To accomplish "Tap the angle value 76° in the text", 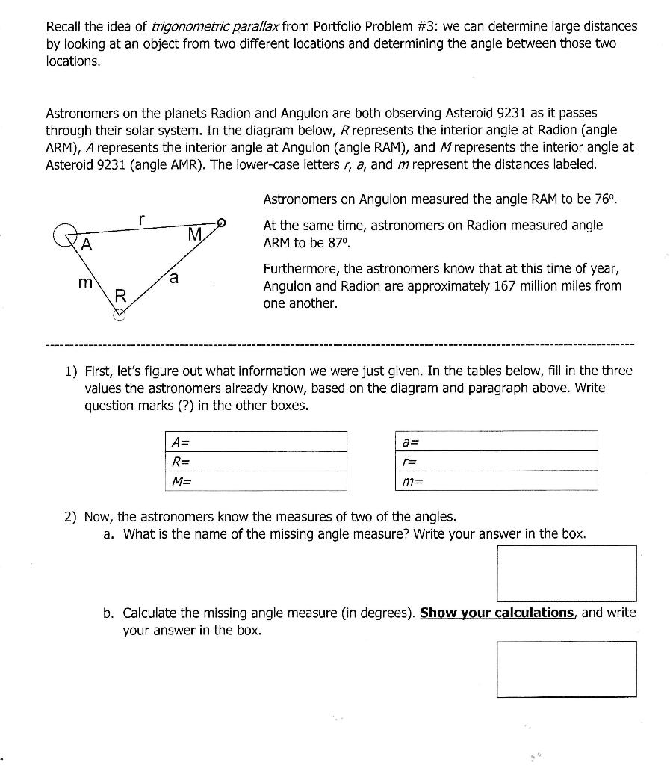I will pyautogui.click(x=607, y=199).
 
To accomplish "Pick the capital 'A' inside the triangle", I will pyautogui.click(x=87, y=245).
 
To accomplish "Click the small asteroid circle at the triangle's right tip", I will pyautogui.click(x=220, y=222).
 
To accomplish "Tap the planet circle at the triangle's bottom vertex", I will pyautogui.click(x=119, y=315).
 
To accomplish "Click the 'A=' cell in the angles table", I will pyautogui.click(x=255, y=441).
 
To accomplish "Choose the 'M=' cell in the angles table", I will pyautogui.click(x=255, y=481).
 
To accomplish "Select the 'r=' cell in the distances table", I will pyautogui.click(x=495, y=461).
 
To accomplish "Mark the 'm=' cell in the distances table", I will pyautogui.click(x=495, y=481).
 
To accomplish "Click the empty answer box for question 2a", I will pyautogui.click(x=566, y=573).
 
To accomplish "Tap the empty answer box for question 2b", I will pyautogui.click(x=566, y=669).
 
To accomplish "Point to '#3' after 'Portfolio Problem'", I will pyautogui.click(x=426, y=27).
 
